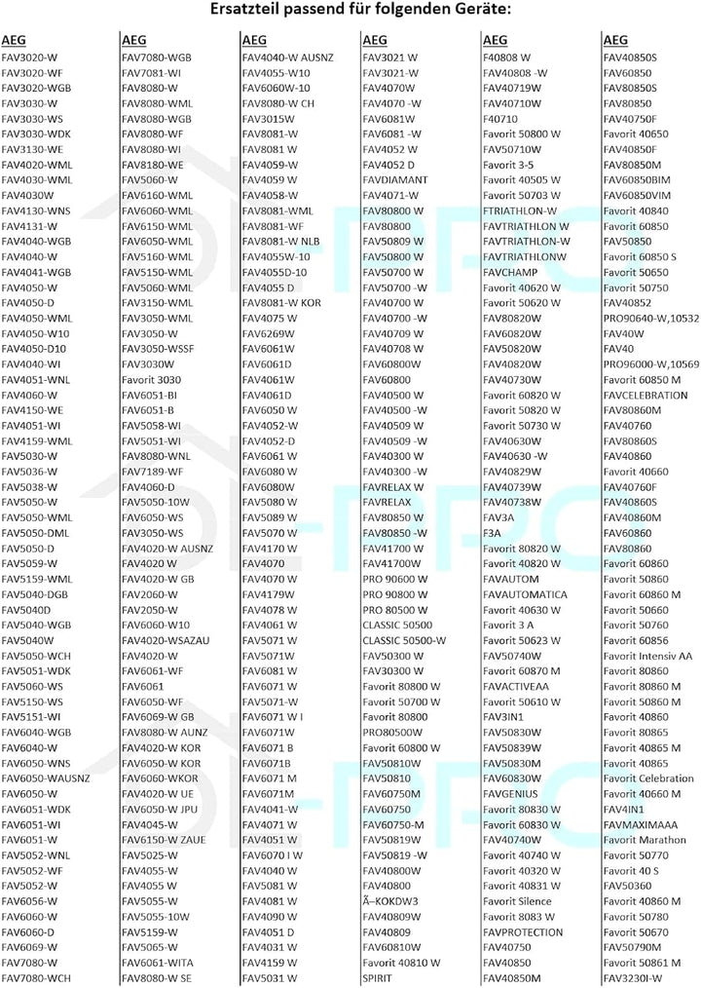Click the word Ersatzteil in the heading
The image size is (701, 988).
[246, 11]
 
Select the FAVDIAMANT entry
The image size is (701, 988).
[392, 180]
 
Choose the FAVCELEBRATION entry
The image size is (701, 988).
[646, 395]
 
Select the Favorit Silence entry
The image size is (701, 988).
[517, 901]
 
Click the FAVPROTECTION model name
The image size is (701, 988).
[523, 931]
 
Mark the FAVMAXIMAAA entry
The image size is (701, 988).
[640, 824]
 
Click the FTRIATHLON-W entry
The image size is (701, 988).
[520, 210]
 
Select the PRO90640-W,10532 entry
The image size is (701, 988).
[651, 318]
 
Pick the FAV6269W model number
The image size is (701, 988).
[268, 333]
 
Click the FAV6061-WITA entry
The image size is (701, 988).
[157, 963]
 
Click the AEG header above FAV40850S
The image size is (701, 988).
[615, 40]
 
